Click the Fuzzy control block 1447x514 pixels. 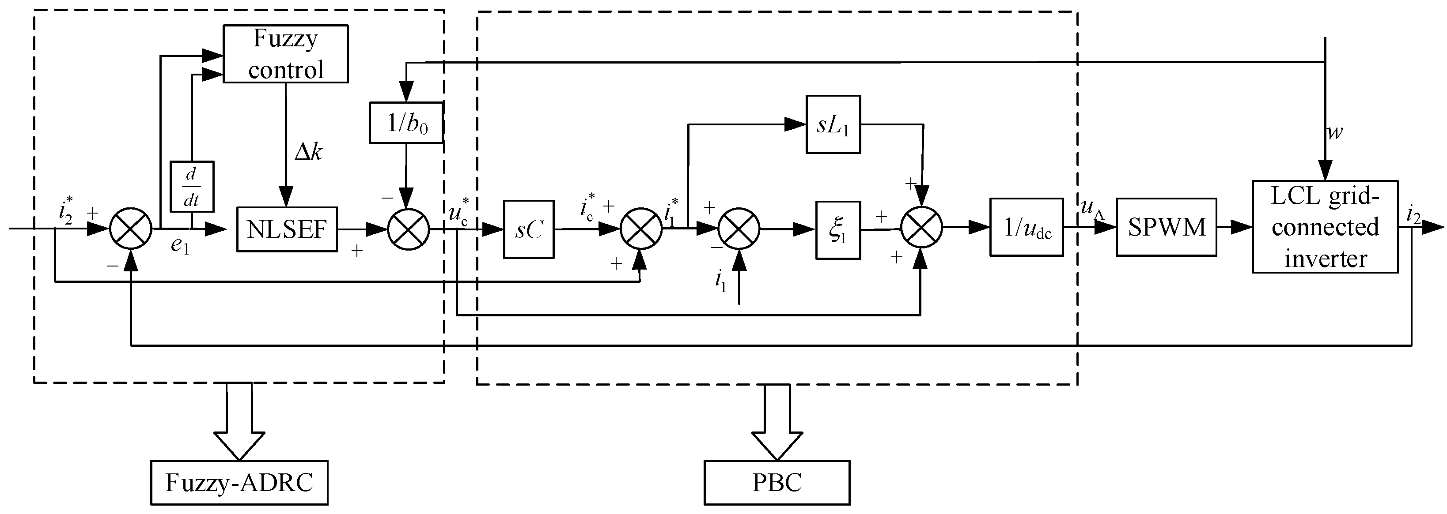[285, 54]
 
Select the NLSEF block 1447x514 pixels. [287, 229]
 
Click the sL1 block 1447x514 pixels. [833, 124]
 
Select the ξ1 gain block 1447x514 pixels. [837, 229]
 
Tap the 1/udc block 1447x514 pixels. [1026, 227]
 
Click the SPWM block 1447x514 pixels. [1166, 227]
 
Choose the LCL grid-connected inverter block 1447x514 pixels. [1325, 227]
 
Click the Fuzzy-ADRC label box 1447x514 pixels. [239, 483]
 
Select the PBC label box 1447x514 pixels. [777, 483]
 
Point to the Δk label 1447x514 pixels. [308, 151]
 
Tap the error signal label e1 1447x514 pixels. [180, 246]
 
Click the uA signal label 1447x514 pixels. [1092, 209]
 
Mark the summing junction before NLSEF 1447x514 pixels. [130, 229]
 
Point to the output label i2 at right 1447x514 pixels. [1414, 214]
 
